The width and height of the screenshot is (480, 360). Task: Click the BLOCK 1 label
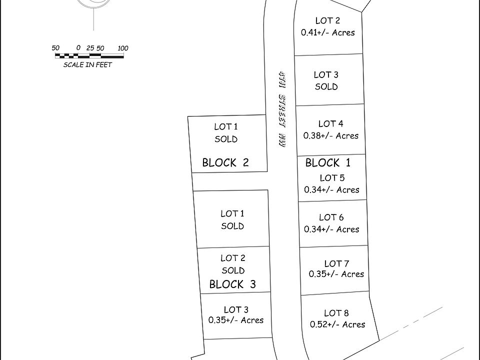pyautogui.click(x=328, y=162)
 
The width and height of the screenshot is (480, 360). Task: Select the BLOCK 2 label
pyautogui.click(x=225, y=162)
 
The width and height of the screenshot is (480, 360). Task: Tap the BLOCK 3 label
pyautogui.click(x=232, y=284)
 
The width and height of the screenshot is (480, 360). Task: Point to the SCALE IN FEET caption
pyautogui.click(x=87, y=64)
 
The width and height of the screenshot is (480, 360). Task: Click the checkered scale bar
pyautogui.click(x=88, y=54)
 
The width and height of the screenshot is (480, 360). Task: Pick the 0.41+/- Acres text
pyautogui.click(x=327, y=32)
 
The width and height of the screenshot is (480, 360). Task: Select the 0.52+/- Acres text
pyautogui.click(x=337, y=324)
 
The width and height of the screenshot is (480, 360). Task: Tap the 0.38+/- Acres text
pyautogui.click(x=331, y=135)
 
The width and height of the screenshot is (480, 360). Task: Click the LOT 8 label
pyautogui.click(x=336, y=313)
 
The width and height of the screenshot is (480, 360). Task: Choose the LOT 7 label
pyautogui.click(x=336, y=263)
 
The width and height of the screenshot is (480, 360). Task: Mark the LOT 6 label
pyautogui.click(x=331, y=217)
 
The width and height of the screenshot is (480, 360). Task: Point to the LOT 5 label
pyautogui.click(x=332, y=178)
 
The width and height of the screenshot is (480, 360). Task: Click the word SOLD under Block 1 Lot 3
pyautogui.click(x=326, y=86)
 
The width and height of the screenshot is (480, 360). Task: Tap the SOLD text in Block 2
pyautogui.click(x=226, y=139)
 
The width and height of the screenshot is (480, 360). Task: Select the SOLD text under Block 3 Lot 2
pyautogui.click(x=233, y=270)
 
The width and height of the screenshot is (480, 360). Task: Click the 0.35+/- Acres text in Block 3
pyautogui.click(x=236, y=320)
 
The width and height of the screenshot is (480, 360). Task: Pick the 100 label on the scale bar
pyautogui.click(x=123, y=48)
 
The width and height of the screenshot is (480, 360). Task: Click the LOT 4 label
pyautogui.click(x=331, y=123)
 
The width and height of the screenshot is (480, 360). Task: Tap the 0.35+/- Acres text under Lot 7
pyautogui.click(x=336, y=274)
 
